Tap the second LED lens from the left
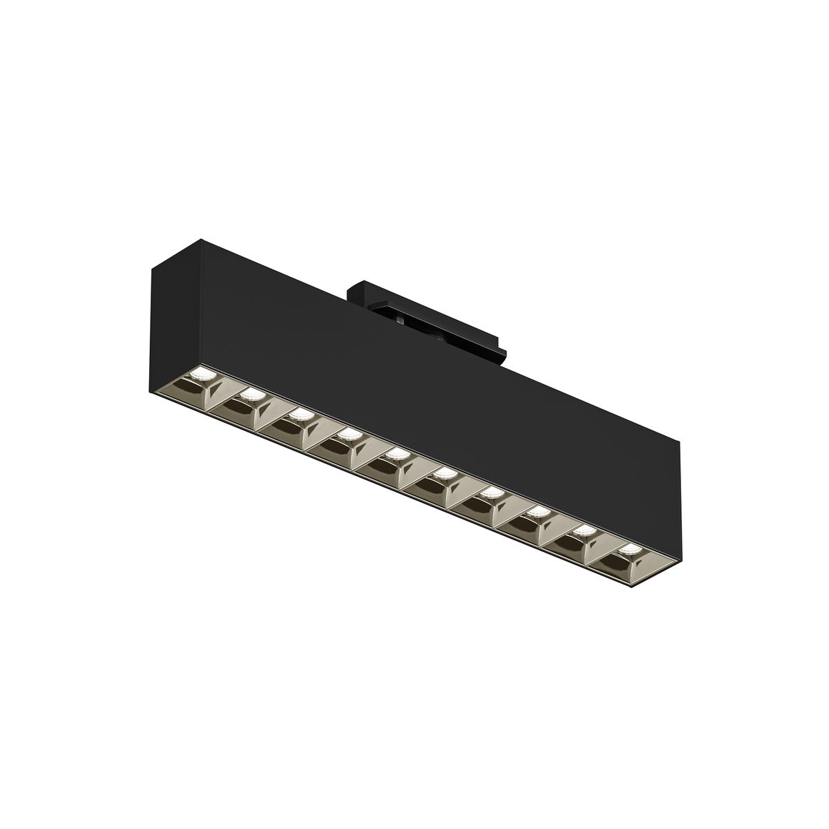point(251,394)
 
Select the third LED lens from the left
point(299,414)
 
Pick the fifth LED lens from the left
point(396,454)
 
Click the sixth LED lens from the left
point(444,473)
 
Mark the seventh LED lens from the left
point(492,493)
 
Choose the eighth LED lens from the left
point(539,512)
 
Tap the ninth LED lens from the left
point(585,531)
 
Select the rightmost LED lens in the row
point(630,550)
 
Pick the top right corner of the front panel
point(680,443)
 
